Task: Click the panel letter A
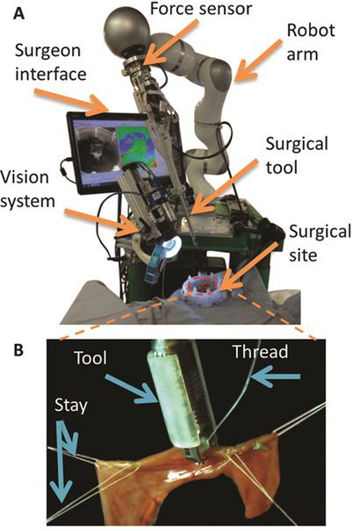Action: [20, 14]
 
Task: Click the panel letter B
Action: [19, 350]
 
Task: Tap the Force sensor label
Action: [201, 8]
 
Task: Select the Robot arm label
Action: [311, 42]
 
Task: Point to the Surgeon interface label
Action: [50, 62]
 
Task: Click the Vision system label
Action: [27, 189]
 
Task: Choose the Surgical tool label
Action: [297, 155]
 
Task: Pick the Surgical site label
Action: [320, 243]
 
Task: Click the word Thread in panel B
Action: [260, 352]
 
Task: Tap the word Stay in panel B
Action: [71, 405]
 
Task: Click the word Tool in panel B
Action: [90, 357]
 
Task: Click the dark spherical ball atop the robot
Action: [126, 29]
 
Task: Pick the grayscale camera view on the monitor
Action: [95, 149]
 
